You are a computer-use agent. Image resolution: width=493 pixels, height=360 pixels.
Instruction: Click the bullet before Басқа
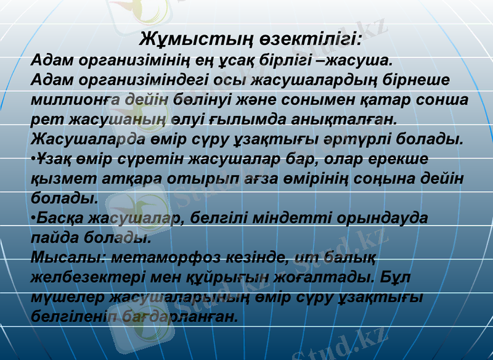tap(33, 217)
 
